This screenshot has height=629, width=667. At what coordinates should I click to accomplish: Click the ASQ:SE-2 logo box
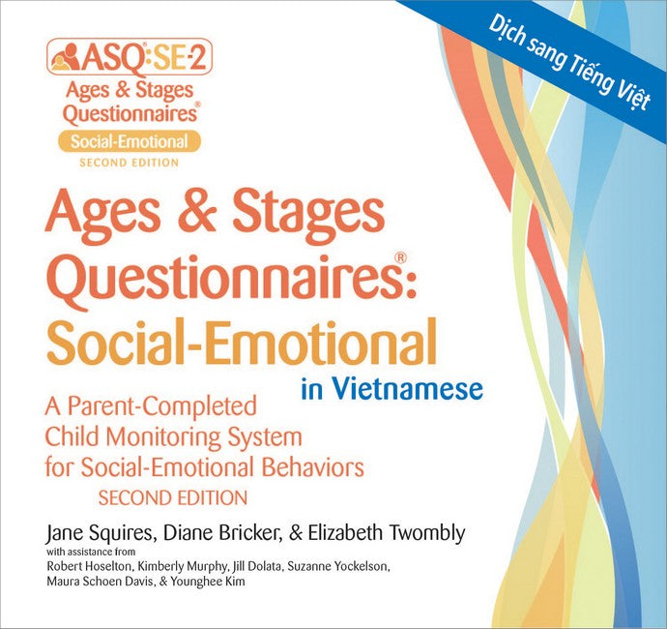[129, 57]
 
